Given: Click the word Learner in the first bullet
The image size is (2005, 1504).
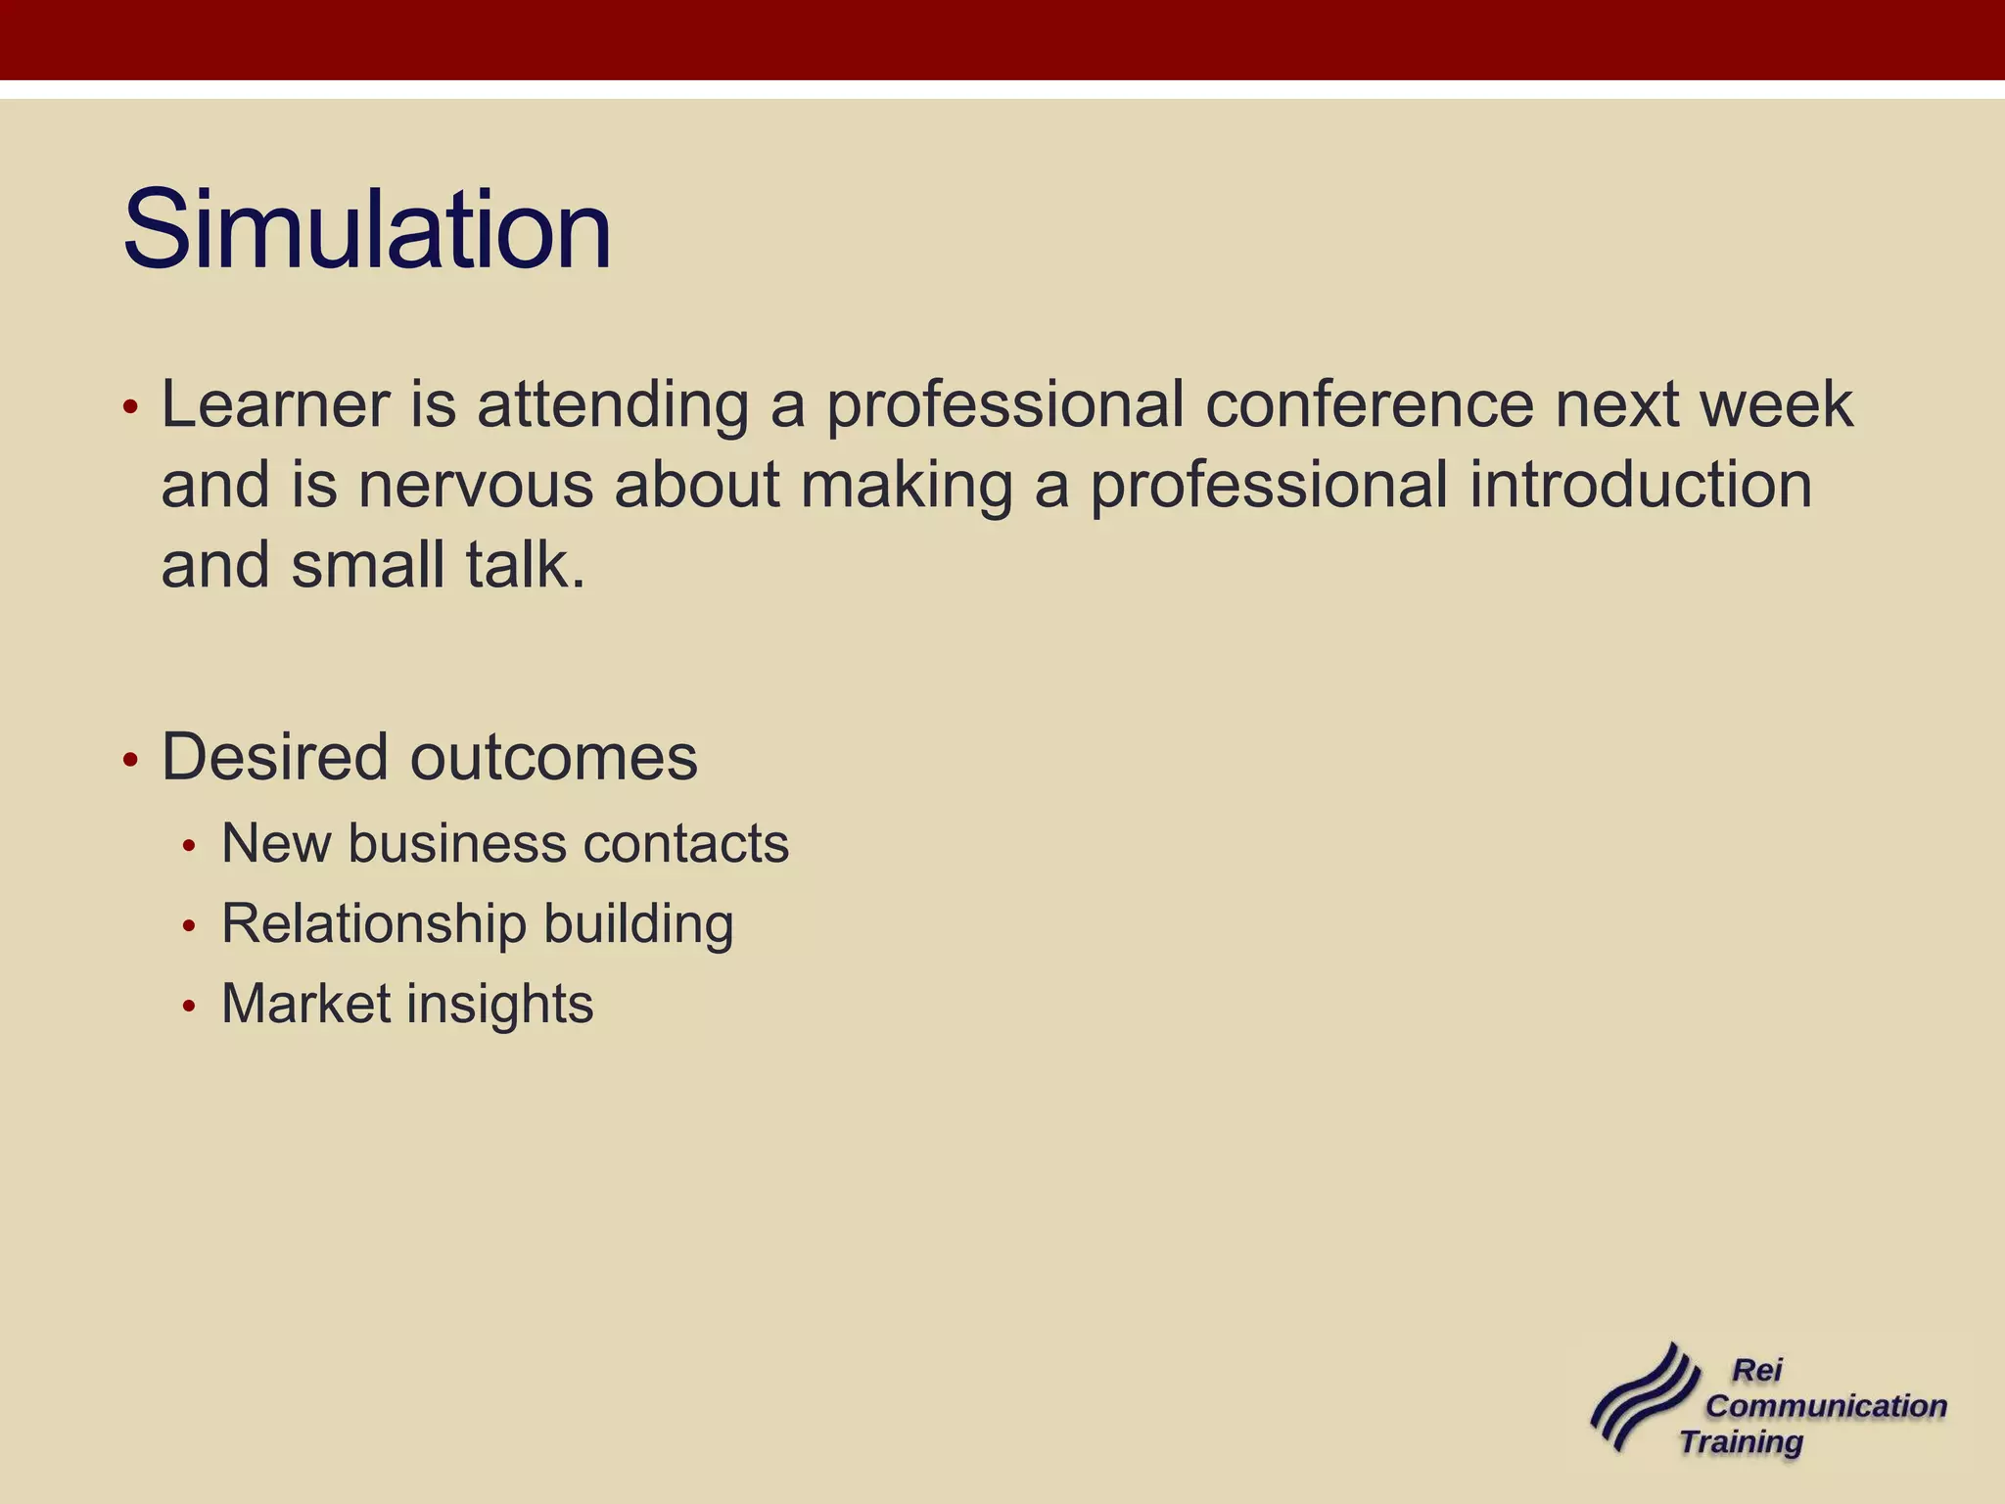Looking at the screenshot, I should (275, 404).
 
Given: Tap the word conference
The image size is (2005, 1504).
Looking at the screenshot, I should (1370, 404).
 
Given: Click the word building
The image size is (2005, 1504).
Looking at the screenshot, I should (638, 923).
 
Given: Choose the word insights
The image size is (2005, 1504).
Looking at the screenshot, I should (499, 1004).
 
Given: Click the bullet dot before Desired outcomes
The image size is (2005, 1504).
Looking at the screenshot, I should (131, 760).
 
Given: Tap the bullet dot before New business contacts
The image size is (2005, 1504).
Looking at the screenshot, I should (190, 845).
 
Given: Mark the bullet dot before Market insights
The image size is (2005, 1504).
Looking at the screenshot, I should (190, 1006).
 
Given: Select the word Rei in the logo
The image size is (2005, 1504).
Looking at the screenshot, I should (1757, 1370).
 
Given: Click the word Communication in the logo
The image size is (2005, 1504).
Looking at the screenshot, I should (1826, 1406).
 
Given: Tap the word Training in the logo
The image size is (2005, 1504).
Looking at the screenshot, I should (1741, 1442).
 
